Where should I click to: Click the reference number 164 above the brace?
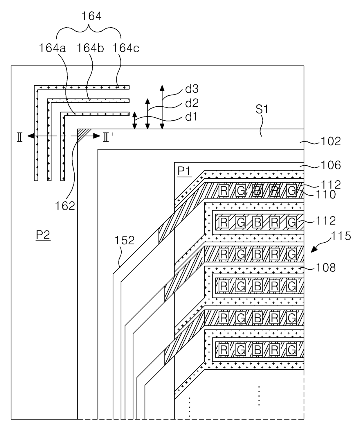91,16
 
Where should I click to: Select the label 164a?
52,48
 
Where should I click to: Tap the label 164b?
90,48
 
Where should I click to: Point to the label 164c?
126,48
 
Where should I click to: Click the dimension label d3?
192,89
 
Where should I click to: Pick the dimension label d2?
192,103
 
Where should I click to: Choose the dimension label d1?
191,117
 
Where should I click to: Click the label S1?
262,109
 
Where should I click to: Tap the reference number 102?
331,141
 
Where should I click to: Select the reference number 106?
331,165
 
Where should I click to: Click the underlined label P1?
184,171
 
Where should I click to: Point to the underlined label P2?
43,235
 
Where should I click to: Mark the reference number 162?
65,206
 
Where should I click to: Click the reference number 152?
125,240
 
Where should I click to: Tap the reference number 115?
341,236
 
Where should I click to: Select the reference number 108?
326,267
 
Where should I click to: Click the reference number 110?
326,195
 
